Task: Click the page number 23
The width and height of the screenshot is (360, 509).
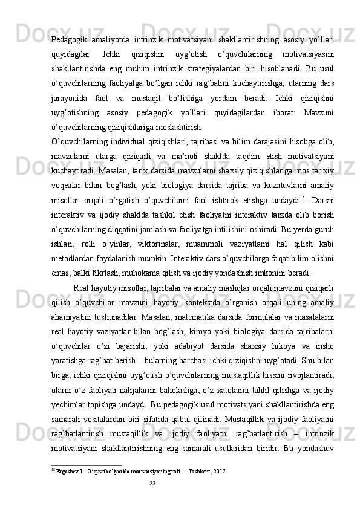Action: click(152, 482)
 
